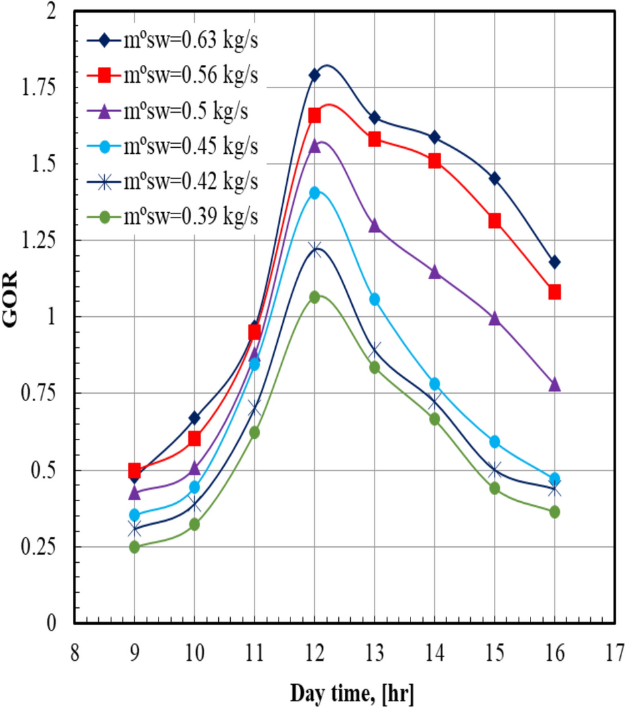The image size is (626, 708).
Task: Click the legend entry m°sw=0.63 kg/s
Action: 172,40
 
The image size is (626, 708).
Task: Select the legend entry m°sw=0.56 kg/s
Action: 172,76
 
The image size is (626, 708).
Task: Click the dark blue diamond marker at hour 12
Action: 314,75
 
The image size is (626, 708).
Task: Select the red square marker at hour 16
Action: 554,292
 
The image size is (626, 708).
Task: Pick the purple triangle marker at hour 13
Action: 375,226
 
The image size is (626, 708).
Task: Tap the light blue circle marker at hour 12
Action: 314,193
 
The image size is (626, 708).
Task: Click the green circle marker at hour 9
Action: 135,547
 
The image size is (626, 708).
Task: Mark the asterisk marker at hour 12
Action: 314,250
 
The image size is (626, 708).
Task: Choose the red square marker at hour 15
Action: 495,221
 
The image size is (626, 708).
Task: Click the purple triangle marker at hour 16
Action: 554,384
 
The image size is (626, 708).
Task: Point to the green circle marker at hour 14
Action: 434,419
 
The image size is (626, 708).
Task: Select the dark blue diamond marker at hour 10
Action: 194,418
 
